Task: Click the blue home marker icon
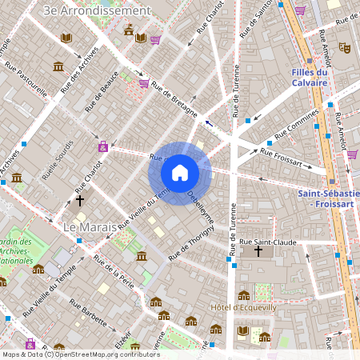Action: [180, 173]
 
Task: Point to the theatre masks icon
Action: [344, 48]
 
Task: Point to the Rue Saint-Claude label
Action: [268, 241]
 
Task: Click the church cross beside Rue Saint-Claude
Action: [258, 252]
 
